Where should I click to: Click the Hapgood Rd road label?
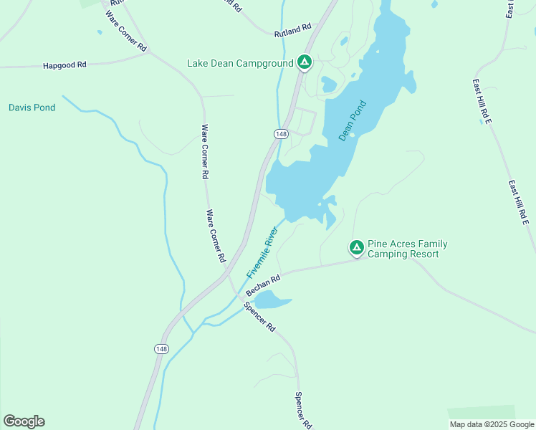click(x=64, y=64)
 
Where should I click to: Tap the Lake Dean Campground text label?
click(x=240, y=63)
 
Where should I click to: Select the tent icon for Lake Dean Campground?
click(x=305, y=63)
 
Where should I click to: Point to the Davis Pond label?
click(x=32, y=107)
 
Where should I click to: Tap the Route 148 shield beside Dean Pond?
click(x=281, y=134)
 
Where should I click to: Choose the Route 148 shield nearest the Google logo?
click(x=161, y=348)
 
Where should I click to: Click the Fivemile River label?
click(x=262, y=254)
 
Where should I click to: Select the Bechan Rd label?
click(x=262, y=284)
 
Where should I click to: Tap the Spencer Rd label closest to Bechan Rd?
click(x=259, y=316)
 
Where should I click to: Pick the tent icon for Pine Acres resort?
click(x=356, y=248)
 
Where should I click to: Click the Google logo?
click(x=24, y=421)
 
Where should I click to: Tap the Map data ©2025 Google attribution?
click(x=492, y=424)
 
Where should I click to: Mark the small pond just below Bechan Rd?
click(x=271, y=299)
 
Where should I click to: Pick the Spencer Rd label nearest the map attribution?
click(x=304, y=410)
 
